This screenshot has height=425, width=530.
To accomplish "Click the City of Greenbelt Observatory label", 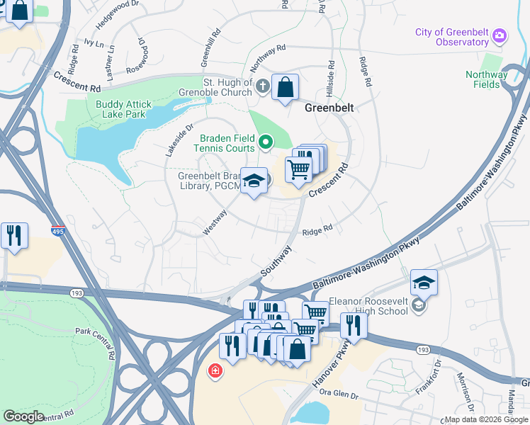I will (x=453, y=38).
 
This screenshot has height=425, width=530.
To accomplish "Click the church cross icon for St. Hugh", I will (x=263, y=87).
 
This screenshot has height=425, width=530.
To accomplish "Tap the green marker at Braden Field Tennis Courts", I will (x=266, y=142).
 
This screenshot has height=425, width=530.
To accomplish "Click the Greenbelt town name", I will (x=329, y=108).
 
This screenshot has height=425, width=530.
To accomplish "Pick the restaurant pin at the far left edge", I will (x=14, y=235).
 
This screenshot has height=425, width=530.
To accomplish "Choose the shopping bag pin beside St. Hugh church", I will (x=285, y=88).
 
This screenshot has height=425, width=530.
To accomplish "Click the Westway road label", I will (x=215, y=222).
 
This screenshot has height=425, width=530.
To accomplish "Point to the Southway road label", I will (x=276, y=261).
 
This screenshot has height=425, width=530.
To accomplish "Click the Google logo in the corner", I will (x=23, y=416).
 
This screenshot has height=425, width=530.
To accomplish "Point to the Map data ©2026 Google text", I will (x=486, y=419).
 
